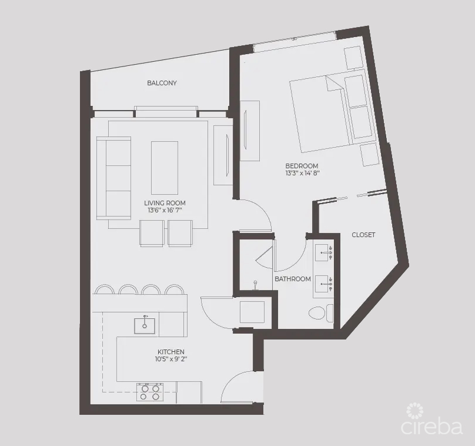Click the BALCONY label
(x=162, y=83)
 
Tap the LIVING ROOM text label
(x=165, y=203)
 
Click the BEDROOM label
(x=302, y=166)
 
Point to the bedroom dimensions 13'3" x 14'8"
(x=302, y=174)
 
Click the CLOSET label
(x=363, y=235)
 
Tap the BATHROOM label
(x=292, y=279)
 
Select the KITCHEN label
(x=170, y=352)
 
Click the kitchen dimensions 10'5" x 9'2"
(x=170, y=359)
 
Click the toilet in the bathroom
(x=319, y=312)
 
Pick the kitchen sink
(x=144, y=325)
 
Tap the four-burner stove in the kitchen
(x=149, y=392)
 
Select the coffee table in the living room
(x=165, y=168)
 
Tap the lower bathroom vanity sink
(x=324, y=284)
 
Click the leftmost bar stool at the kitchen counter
(x=105, y=289)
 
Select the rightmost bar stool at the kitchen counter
(x=175, y=289)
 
